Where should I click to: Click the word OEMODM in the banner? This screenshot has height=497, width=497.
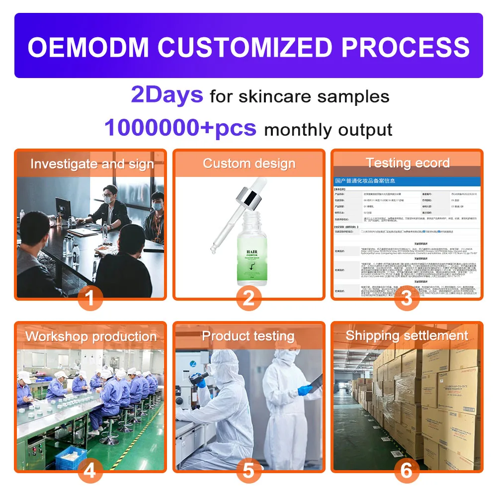click(x=88, y=47)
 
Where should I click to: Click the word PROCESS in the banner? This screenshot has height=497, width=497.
click(x=405, y=47)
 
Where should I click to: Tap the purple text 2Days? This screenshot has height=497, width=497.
click(x=167, y=95)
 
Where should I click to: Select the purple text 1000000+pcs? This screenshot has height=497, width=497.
click(x=180, y=128)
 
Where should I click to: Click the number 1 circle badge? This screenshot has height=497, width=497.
click(x=90, y=298)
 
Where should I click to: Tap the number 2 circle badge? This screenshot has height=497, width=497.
click(x=248, y=298)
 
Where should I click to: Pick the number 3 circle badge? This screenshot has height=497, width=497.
click(x=407, y=298)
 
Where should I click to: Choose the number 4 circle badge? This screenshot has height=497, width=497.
click(x=90, y=470)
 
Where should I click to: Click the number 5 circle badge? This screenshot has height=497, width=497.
click(x=248, y=470)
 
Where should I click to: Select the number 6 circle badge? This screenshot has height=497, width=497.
click(x=407, y=470)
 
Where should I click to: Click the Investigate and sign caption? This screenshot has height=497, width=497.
click(x=92, y=164)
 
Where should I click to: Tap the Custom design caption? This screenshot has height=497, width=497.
click(x=249, y=164)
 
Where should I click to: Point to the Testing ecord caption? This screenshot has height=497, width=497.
click(x=408, y=163)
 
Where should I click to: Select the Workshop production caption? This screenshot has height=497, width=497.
click(x=91, y=336)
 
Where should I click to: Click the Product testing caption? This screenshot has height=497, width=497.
click(x=248, y=336)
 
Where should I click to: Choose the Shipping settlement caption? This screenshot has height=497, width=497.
click(x=407, y=335)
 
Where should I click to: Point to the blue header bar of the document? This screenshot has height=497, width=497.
click(x=407, y=181)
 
